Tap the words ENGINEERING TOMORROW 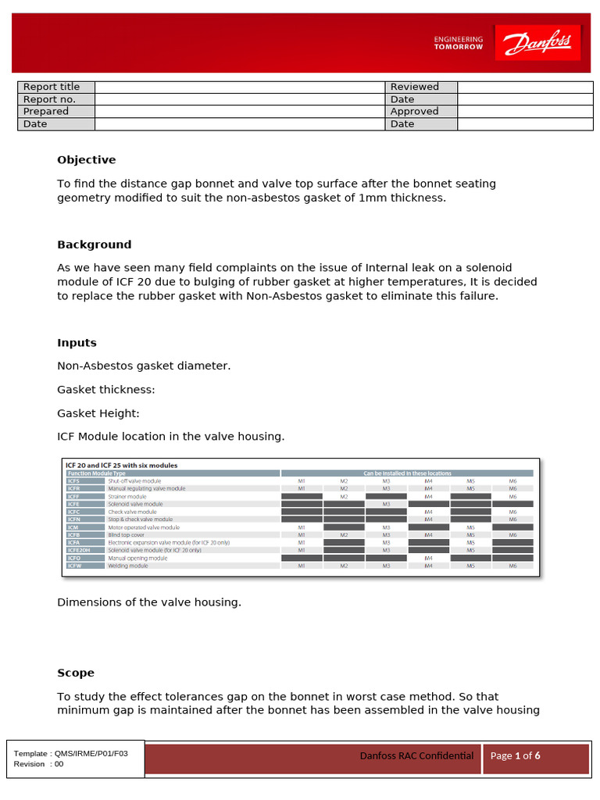[458, 43]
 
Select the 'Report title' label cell [52, 87]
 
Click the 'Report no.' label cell [49, 99]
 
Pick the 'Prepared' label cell [46, 112]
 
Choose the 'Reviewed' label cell [415, 87]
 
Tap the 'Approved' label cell [415, 112]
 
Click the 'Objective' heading [86, 160]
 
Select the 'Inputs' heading [77, 343]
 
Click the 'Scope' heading [75, 673]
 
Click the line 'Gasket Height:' [98, 413]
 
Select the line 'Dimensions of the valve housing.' [149, 602]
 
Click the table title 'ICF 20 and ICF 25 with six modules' [123, 465]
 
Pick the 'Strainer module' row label [127, 496]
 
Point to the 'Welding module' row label [127, 566]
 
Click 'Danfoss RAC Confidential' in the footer [416, 755]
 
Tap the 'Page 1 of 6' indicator [515, 755]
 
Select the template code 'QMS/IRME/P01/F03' [92, 754]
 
